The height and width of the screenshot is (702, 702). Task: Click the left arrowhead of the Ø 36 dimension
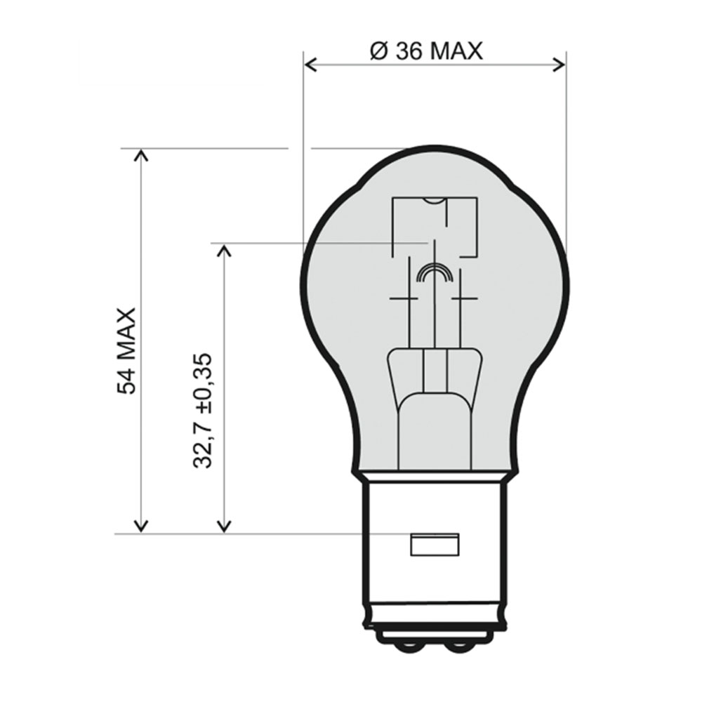(x=310, y=65)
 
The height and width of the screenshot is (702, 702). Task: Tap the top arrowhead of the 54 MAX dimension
(x=141, y=155)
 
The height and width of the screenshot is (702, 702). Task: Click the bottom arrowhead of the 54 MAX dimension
(x=141, y=526)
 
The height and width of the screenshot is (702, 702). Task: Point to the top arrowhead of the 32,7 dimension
(x=224, y=251)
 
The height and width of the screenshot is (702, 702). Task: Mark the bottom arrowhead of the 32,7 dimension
(x=224, y=526)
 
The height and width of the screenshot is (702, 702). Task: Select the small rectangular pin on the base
(x=434, y=545)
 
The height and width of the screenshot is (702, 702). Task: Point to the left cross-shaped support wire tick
(x=404, y=298)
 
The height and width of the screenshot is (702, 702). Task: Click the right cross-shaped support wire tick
(x=464, y=298)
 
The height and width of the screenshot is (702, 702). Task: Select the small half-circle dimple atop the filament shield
(x=435, y=202)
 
